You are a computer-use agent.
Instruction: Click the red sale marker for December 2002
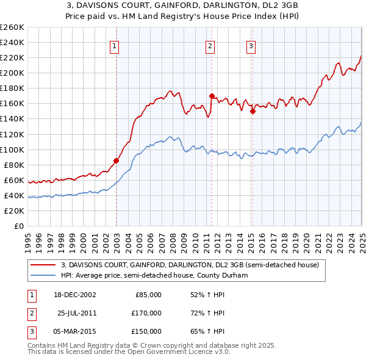(117, 161)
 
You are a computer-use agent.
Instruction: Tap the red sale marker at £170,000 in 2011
(212, 96)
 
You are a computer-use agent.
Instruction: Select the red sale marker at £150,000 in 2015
(252, 111)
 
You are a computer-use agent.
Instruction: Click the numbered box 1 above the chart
(115, 45)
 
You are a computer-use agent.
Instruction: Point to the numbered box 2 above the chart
(210, 45)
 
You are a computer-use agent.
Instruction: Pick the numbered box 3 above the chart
(251, 45)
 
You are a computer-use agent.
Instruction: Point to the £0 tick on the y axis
(20, 226)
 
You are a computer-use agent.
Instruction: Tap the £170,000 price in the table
(146, 313)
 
